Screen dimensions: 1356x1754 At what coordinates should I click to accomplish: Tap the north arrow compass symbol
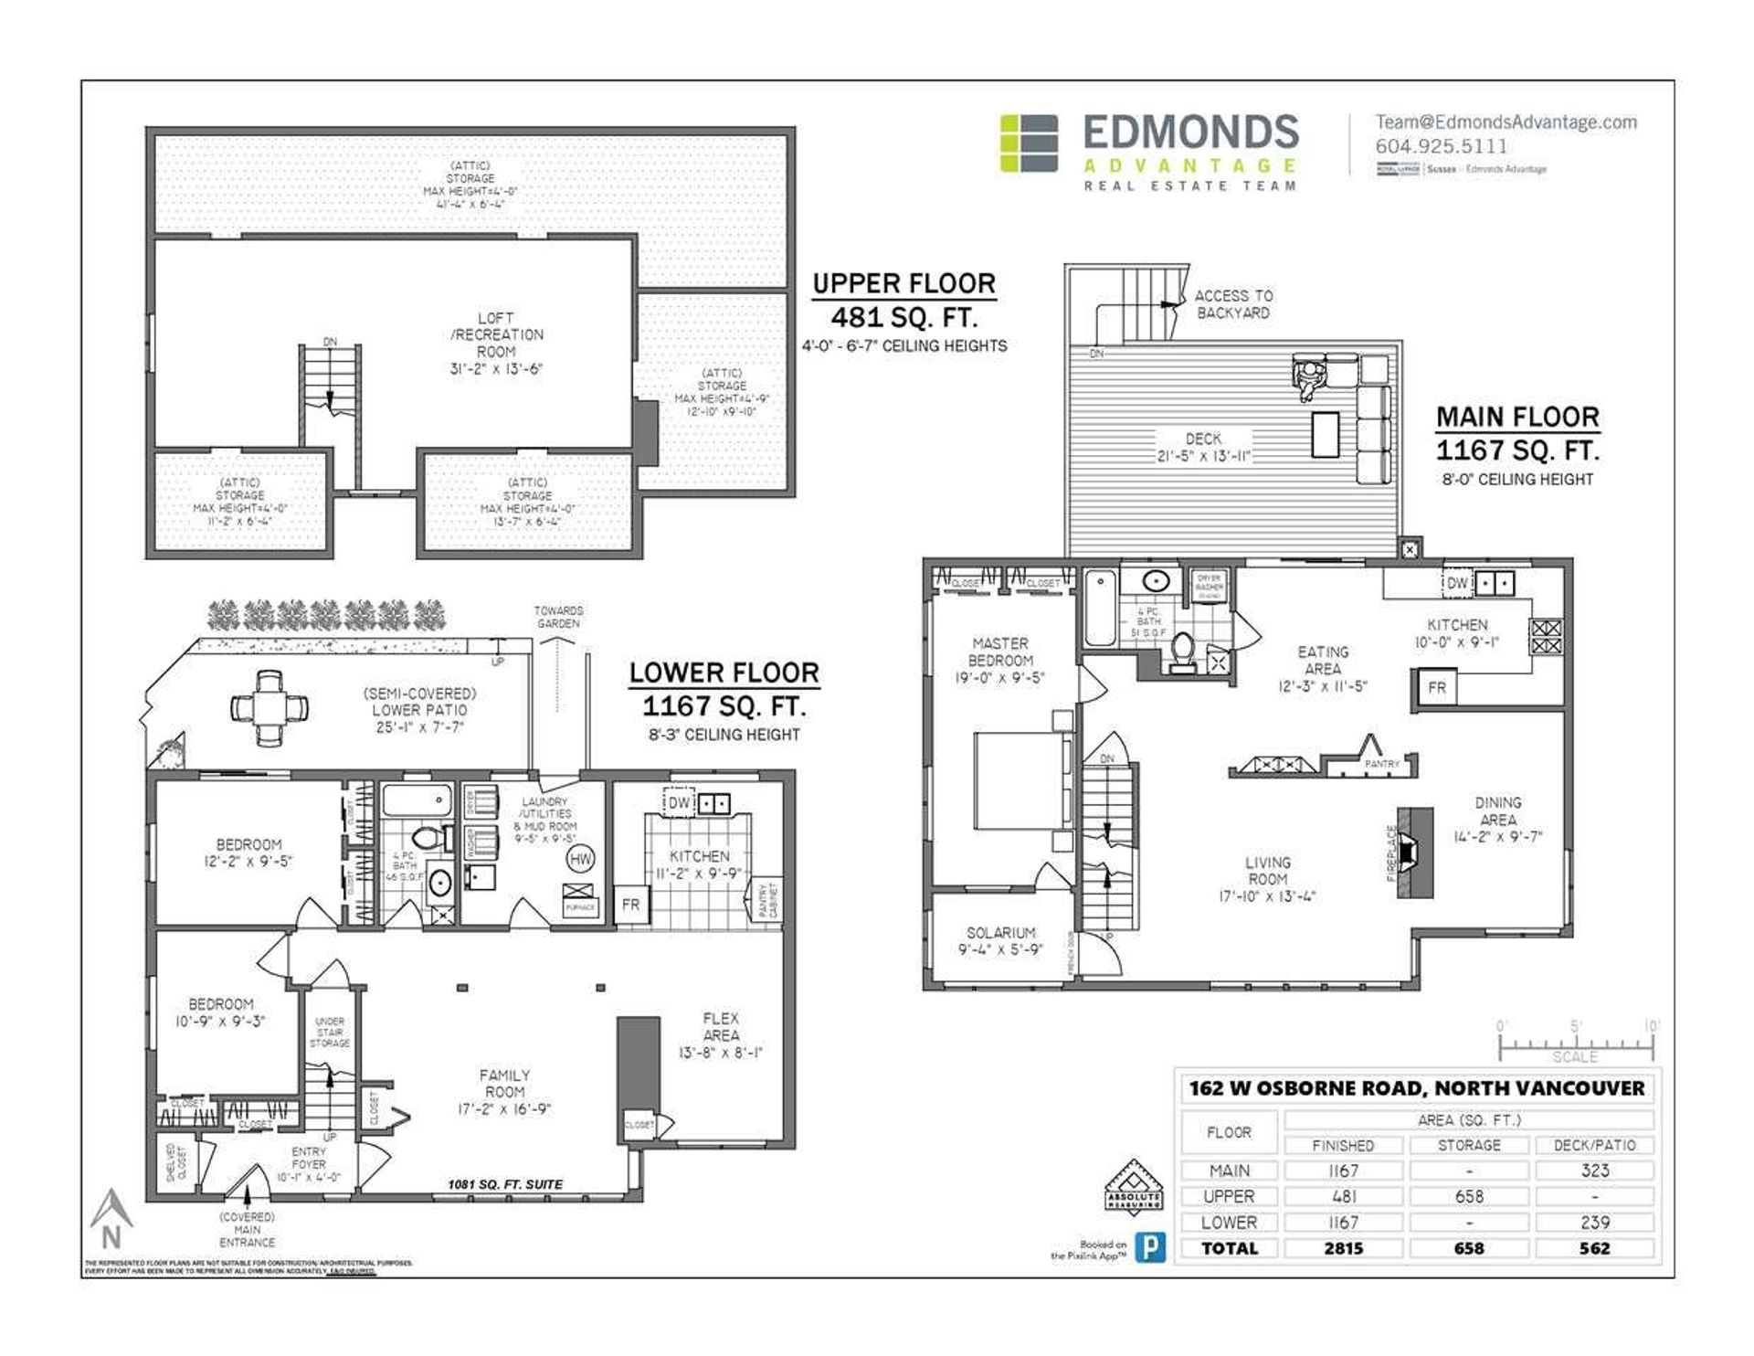(x=111, y=1220)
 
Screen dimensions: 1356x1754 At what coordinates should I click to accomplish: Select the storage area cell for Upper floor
(x=1469, y=1196)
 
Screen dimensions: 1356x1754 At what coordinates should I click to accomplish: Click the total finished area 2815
(x=1343, y=1248)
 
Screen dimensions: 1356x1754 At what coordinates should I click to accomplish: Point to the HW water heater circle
(x=580, y=858)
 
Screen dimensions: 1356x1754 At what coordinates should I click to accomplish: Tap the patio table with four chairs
(x=269, y=707)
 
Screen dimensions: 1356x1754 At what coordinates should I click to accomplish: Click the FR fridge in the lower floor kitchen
(x=630, y=905)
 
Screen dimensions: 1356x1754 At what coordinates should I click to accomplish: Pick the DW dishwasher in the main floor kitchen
(x=1457, y=583)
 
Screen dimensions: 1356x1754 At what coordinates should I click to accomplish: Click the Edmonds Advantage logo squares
(x=1029, y=143)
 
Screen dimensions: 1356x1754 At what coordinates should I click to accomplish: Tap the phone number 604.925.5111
(x=1441, y=146)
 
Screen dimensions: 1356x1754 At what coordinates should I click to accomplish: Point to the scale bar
(x=1576, y=1043)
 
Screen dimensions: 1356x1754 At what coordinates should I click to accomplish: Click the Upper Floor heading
(x=903, y=284)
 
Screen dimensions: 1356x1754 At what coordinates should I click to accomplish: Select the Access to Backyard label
(x=1232, y=304)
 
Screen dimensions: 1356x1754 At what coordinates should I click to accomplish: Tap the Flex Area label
(x=721, y=1026)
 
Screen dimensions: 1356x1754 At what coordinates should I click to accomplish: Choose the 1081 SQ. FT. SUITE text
(x=504, y=1184)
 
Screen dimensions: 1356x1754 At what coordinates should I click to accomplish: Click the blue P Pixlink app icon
(x=1150, y=1248)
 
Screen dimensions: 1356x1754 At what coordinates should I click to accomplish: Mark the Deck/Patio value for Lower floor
(x=1594, y=1223)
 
